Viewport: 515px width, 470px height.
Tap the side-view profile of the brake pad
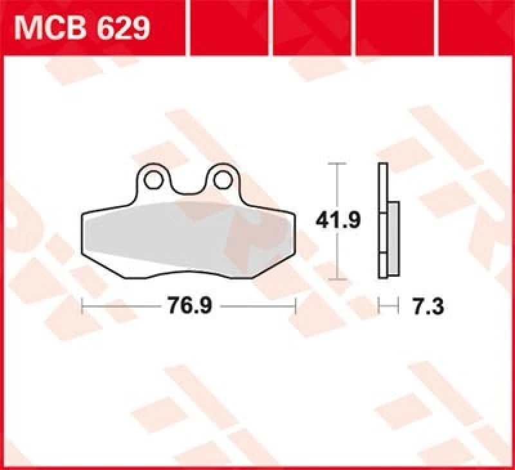[x=384, y=222]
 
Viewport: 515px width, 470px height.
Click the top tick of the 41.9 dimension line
[x=333, y=165]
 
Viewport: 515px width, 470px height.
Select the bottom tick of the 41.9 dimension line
[x=333, y=280]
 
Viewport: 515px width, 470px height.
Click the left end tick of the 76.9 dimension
[x=83, y=306]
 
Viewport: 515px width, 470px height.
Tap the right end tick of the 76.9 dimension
[x=295, y=306]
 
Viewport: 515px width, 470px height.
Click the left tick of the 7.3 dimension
[x=380, y=306]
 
